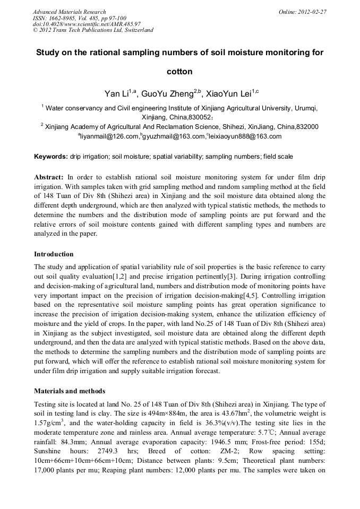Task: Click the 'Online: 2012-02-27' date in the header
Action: coord(303,12)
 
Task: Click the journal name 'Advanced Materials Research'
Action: coord(69,12)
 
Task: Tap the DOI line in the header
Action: coord(87,24)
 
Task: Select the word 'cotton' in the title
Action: coord(179,71)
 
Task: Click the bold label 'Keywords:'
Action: coord(51,157)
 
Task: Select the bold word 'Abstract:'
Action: coord(49,176)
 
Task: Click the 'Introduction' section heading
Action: coord(54,254)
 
